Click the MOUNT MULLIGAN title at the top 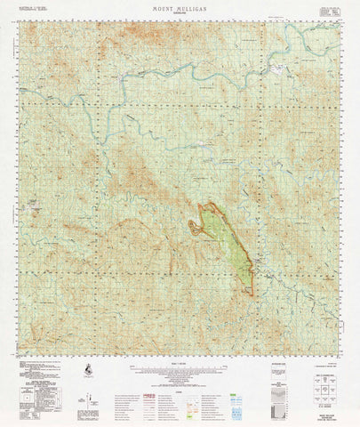coord(180,6)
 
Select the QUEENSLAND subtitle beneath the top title coord(180,12)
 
